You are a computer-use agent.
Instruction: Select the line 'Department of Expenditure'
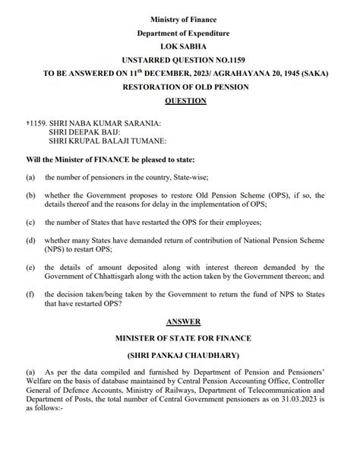click(x=183, y=33)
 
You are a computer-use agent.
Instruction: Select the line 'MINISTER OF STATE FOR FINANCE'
click(x=183, y=337)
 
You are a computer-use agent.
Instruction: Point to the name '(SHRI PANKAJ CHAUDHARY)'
click(x=183, y=356)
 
